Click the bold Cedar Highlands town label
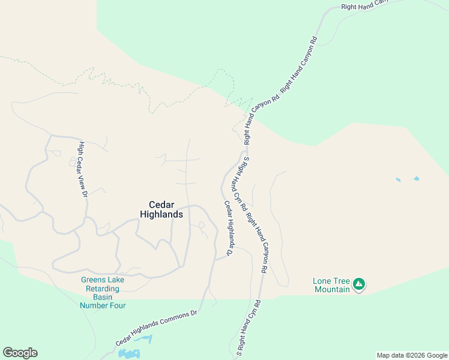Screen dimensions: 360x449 coord(161,209)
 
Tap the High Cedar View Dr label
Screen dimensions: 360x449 coord(82,169)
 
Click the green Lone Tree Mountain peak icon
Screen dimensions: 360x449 coord(359,283)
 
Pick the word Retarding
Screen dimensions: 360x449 coord(103,289)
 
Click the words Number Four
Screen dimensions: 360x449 coord(103,305)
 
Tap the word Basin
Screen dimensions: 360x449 coord(103,297)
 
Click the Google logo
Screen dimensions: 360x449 coord(20,353)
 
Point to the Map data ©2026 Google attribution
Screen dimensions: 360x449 coord(411,355)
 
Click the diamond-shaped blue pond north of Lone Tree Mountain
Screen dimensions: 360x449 coord(417,178)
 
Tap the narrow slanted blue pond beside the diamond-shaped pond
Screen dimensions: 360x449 coord(397,179)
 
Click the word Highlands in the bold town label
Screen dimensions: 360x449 coord(161,214)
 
